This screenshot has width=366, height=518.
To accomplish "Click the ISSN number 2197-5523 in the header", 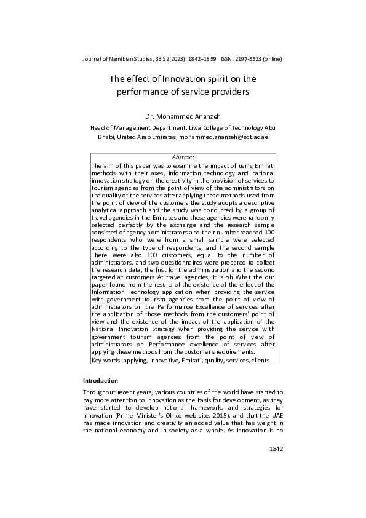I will coord(247,59).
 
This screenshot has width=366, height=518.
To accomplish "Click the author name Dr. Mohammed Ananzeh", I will coord(183,115).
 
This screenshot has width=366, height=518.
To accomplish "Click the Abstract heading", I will coord(183,157).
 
